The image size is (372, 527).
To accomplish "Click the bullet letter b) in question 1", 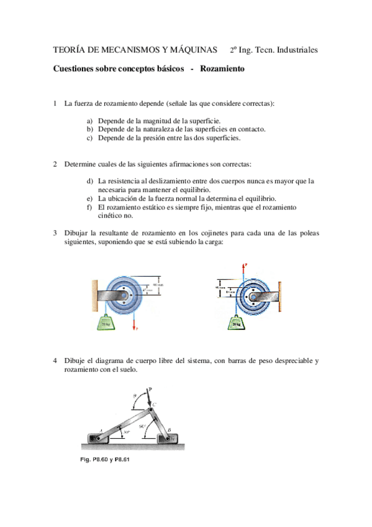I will (x=89, y=129).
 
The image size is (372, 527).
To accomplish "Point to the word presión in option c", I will (x=158, y=138).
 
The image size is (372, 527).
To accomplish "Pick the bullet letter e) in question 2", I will (x=89, y=198).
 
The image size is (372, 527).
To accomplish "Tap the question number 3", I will (x=55, y=232).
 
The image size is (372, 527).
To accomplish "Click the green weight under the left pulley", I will (x=106, y=322).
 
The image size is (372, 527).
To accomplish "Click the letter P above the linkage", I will (x=150, y=385).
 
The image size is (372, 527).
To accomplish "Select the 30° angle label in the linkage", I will (x=127, y=431).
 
